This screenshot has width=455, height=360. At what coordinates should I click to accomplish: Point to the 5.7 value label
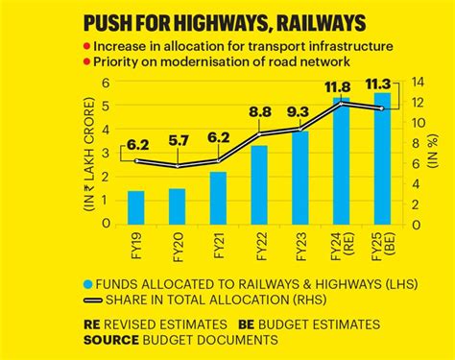(178, 141)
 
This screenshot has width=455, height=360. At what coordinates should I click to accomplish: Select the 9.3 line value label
(299, 111)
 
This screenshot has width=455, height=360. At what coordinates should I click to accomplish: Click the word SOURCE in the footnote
(114, 340)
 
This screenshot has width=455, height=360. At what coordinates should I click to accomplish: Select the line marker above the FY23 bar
(299, 129)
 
